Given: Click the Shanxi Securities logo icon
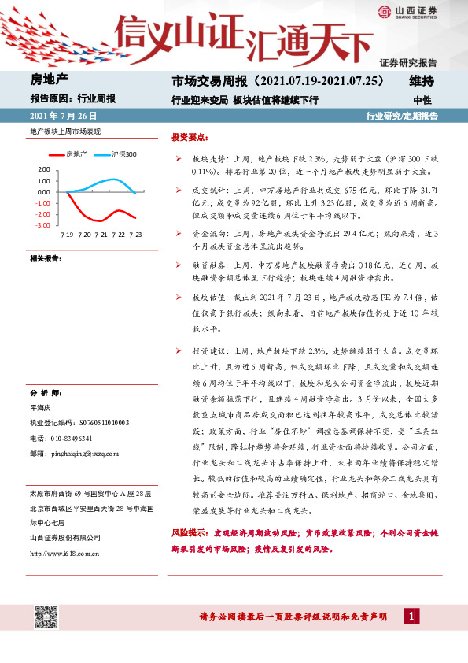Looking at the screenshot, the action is (x=384, y=11).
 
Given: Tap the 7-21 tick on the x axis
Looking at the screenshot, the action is (x=101, y=235).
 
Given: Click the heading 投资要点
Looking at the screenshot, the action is (x=190, y=135).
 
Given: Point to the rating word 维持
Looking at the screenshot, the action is (x=422, y=80).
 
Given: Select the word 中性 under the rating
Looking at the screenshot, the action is (x=422, y=100).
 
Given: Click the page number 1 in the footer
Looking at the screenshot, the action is (x=411, y=616).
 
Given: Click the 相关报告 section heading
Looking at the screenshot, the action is (x=46, y=258).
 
